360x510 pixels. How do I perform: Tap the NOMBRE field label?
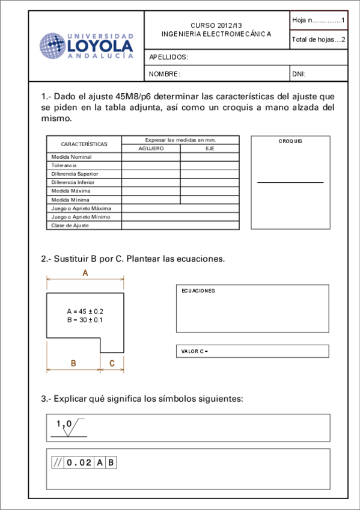coord(165,74)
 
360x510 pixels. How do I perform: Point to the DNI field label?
coord(299,74)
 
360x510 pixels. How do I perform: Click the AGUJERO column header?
coord(151,148)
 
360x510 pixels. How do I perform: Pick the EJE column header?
coord(210,148)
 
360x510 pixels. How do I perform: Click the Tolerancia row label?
coord(64,165)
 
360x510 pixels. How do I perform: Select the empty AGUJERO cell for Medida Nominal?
coord(151,157)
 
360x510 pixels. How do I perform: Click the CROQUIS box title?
coord(290,141)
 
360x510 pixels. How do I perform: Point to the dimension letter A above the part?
coord(85,273)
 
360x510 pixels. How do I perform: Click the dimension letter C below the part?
coord(112,363)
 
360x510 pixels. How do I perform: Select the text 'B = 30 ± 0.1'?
coord(85,320)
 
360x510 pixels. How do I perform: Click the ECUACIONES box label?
coord(198,291)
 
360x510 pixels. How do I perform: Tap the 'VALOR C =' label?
coord(194,351)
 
